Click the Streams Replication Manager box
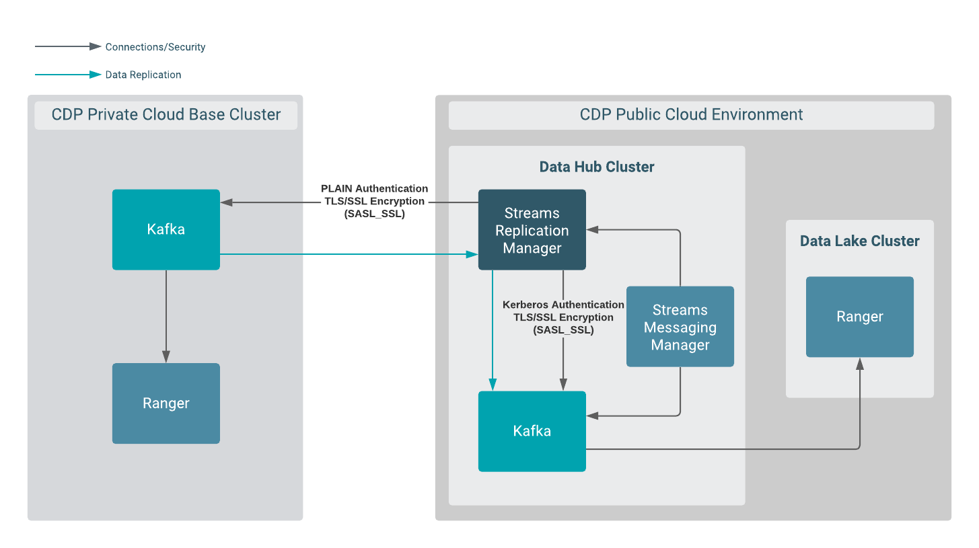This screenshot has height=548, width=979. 532,230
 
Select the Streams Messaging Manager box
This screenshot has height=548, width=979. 680,327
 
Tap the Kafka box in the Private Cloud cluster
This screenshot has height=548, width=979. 166,229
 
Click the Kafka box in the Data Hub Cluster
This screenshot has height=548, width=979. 532,431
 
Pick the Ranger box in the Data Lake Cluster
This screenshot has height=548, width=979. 859,317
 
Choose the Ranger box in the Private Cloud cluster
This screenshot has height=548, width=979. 166,403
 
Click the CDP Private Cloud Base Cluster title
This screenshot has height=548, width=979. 166,115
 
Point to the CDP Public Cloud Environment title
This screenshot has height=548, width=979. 691,115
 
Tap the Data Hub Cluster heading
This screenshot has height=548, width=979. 597,167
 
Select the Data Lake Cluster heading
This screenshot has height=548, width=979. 859,241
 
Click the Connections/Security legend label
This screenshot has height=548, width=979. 155,47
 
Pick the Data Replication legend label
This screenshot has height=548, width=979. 143,75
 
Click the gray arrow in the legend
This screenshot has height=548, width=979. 68,46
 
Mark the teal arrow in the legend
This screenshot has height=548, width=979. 68,74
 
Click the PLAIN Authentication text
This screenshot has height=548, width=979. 374,188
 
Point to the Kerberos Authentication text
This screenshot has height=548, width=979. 563,305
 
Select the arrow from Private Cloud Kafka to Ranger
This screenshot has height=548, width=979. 166,316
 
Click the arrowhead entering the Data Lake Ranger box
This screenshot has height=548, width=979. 859,364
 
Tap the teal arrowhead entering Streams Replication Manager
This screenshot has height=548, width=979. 472,254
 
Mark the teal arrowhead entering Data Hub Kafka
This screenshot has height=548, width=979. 493,385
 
